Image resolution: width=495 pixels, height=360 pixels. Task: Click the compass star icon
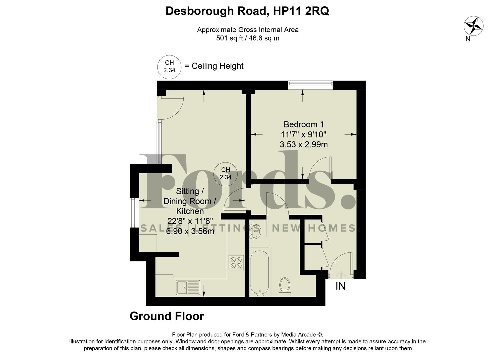point(473,25)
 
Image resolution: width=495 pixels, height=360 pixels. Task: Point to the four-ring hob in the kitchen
point(236,262)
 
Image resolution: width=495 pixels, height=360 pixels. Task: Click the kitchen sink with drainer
point(188,288)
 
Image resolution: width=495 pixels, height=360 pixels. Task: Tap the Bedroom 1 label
point(304,125)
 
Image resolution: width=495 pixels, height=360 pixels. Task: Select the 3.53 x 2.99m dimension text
point(304,145)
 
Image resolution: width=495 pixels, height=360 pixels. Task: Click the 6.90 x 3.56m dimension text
point(190,231)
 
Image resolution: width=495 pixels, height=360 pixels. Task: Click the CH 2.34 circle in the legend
point(169,67)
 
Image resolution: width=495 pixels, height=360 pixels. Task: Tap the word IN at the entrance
point(340,286)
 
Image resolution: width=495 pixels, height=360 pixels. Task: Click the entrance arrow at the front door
point(341,274)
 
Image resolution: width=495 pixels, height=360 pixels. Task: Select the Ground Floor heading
point(167,316)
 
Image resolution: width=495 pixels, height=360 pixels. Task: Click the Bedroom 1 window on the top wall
point(310,85)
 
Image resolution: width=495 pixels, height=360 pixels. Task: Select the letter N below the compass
point(468,39)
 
